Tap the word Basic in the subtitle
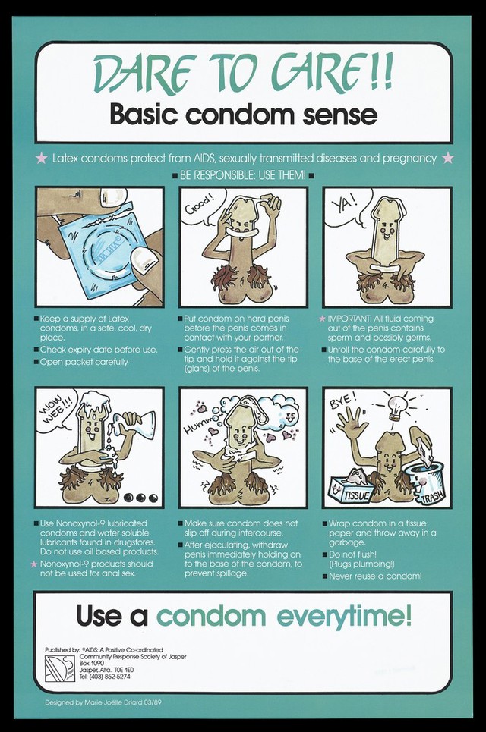145,115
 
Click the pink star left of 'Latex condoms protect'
42,158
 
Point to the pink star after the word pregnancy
448,158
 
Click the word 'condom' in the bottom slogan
211,616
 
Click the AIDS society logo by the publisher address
60,669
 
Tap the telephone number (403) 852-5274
112,677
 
